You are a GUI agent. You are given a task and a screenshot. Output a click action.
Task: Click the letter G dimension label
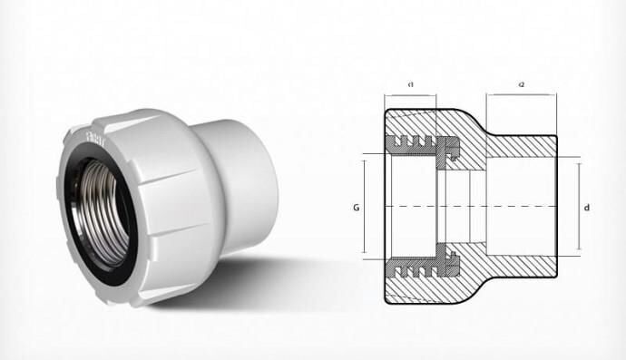tap(357, 208)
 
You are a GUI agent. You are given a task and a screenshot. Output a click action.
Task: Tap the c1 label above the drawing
tap(410, 84)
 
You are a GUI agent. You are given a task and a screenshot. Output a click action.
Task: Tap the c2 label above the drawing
tap(522, 84)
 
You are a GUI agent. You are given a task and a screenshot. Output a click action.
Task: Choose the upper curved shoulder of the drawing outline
tap(472, 119)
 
